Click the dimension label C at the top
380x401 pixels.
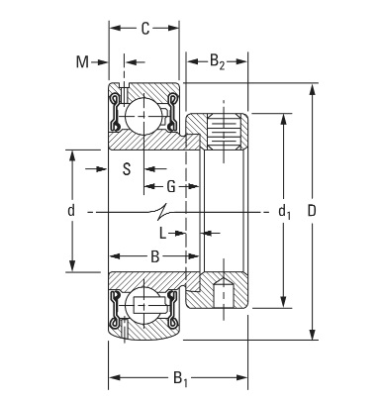(145, 29)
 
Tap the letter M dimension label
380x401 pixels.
(82, 61)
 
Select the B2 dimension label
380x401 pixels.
(217, 61)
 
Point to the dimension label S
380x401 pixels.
(127, 169)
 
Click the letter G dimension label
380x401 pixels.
(170, 187)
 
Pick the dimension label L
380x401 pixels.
(162, 234)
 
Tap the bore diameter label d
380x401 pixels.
(71, 211)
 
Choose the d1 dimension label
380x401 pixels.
(284, 211)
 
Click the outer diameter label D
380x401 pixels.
(312, 211)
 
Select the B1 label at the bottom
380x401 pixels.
(180, 378)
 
